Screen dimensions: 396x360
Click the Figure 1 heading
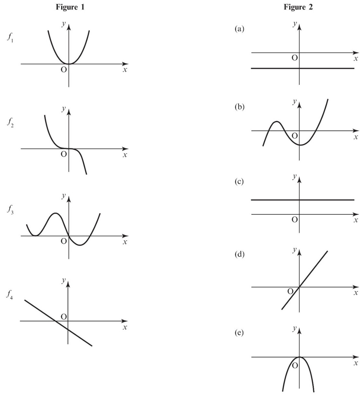[x=70, y=7]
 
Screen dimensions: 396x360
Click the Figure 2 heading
[x=298, y=7]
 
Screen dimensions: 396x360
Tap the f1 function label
[x=10, y=38]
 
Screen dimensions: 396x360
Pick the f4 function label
[x=10, y=295]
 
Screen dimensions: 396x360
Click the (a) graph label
[x=239, y=29]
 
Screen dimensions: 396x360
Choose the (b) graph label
[x=239, y=107]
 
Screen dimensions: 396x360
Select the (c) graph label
[x=239, y=182]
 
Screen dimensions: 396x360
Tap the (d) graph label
[x=239, y=254]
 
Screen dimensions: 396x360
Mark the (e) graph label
[x=239, y=333]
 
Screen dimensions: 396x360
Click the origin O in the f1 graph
[x=64, y=70]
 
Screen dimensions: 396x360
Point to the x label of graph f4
[x=125, y=328]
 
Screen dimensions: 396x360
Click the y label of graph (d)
[x=294, y=250]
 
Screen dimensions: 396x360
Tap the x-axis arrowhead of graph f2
[x=126, y=149]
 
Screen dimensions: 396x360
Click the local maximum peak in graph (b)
[x=276, y=122]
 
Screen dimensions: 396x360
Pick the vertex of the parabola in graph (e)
[x=299, y=357]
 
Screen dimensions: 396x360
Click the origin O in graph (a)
[x=294, y=58]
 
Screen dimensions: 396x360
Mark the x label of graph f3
[x=125, y=242]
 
